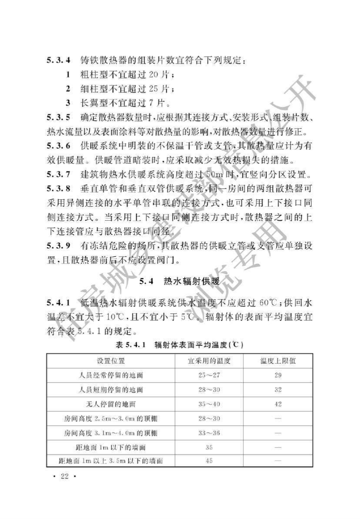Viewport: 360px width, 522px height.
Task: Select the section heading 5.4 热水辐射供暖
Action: click(180, 281)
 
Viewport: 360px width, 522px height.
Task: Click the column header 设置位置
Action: click(111, 361)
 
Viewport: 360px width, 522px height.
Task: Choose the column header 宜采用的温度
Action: click(209, 361)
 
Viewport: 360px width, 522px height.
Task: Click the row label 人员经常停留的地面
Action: click(111, 375)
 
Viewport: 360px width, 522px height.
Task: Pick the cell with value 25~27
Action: click(209, 375)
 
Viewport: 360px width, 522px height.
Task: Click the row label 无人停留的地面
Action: click(111, 404)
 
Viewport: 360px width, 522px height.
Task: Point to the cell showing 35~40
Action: click(209, 404)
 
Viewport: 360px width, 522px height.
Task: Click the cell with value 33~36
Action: click(209, 433)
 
